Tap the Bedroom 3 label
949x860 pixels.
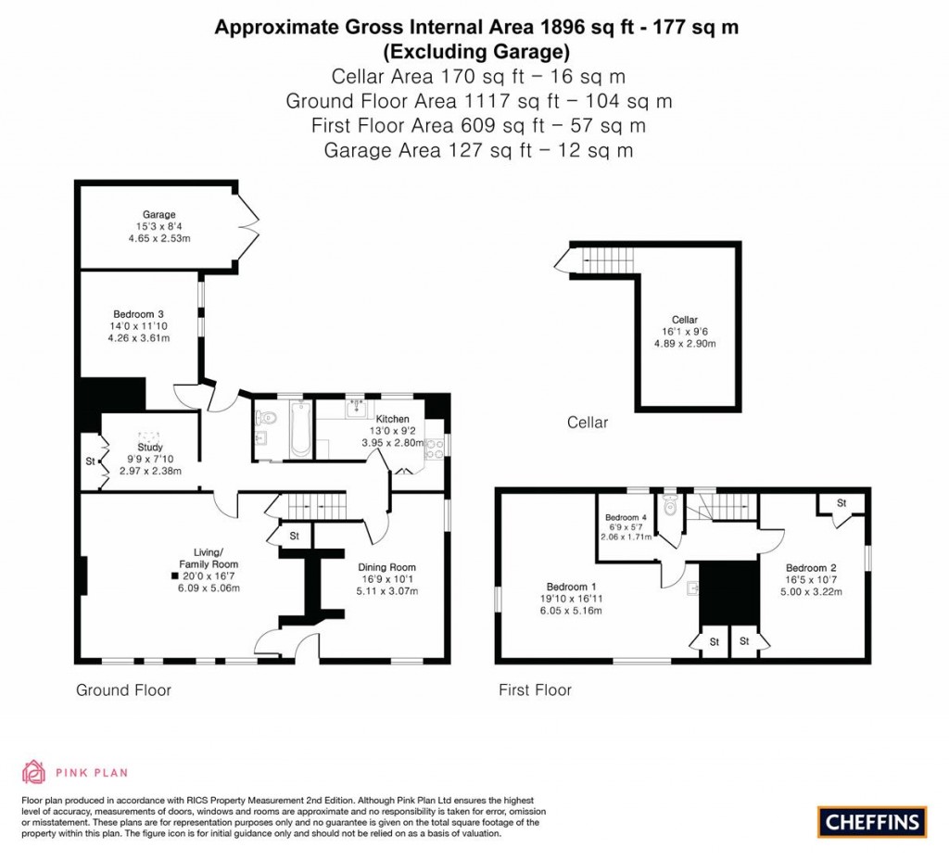tap(139, 314)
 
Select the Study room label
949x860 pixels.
tap(149, 447)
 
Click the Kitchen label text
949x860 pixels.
tap(392, 419)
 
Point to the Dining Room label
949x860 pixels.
tap(386, 567)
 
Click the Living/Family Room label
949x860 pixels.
tap(209, 558)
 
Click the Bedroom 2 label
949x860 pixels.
tap(811, 568)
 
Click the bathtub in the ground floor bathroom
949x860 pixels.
tap(300, 429)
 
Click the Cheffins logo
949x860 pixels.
tap(872, 821)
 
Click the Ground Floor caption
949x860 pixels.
tap(123, 689)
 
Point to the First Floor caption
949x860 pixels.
tap(535, 689)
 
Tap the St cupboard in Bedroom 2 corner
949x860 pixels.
tap(841, 503)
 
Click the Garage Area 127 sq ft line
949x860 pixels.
tap(478, 150)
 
